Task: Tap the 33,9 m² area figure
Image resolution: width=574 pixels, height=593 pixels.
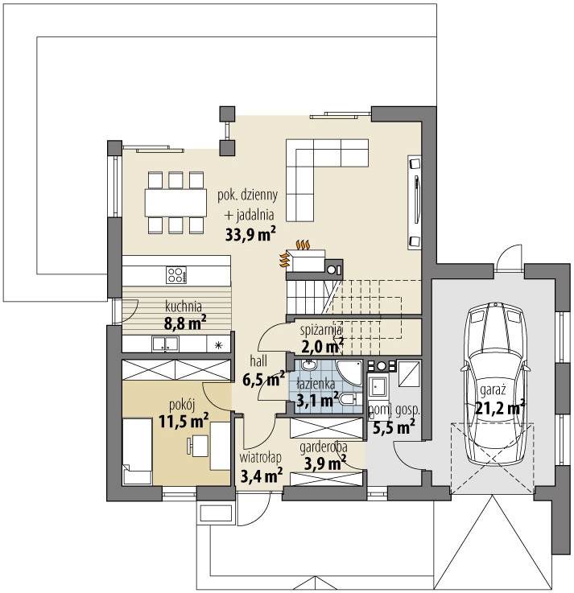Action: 250,234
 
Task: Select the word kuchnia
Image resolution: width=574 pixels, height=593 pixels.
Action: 184,306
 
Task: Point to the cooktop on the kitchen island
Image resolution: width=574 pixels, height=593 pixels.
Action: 176,275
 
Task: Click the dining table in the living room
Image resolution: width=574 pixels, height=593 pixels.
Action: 176,202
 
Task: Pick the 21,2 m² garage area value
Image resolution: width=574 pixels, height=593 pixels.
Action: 499,408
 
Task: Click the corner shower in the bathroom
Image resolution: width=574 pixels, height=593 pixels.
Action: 349,373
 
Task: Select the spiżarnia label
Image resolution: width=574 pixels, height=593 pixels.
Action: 321,330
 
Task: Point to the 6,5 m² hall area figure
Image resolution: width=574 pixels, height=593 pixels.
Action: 263,379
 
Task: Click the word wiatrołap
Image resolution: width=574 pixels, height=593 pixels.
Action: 260,458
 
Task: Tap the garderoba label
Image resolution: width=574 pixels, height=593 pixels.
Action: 324,447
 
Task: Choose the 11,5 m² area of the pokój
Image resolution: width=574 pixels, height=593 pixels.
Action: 184,421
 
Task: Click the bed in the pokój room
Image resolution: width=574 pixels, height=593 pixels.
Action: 137,451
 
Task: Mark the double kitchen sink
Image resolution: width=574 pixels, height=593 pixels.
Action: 165,344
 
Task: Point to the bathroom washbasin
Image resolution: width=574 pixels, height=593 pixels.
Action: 309,366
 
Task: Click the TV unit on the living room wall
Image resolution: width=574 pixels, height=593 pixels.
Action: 415,202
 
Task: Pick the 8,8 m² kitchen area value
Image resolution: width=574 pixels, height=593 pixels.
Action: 185,323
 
